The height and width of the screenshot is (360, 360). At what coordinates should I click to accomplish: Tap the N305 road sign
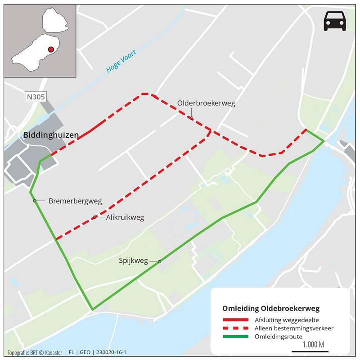[35, 97]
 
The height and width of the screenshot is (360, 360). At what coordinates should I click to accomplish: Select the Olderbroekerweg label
[206, 103]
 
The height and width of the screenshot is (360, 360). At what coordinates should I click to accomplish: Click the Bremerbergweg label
[75, 201]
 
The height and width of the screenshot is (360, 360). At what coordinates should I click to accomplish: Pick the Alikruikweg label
[125, 218]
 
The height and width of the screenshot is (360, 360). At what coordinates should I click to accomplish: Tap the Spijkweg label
[133, 260]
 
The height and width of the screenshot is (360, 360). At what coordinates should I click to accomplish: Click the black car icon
[335, 21]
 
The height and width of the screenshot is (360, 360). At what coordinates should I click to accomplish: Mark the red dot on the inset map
[51, 49]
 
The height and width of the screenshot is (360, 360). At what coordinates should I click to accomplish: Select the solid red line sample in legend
[236, 320]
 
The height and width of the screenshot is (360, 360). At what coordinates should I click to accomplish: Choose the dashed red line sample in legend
[236, 328]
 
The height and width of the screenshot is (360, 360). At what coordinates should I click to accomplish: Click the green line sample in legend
[236, 336]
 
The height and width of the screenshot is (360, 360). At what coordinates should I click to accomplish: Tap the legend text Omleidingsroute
[279, 336]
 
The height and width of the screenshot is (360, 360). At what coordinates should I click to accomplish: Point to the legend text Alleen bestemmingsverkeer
[294, 328]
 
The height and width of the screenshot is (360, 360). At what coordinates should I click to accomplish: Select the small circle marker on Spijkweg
[159, 261]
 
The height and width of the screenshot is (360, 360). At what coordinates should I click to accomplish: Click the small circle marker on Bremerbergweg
[35, 201]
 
